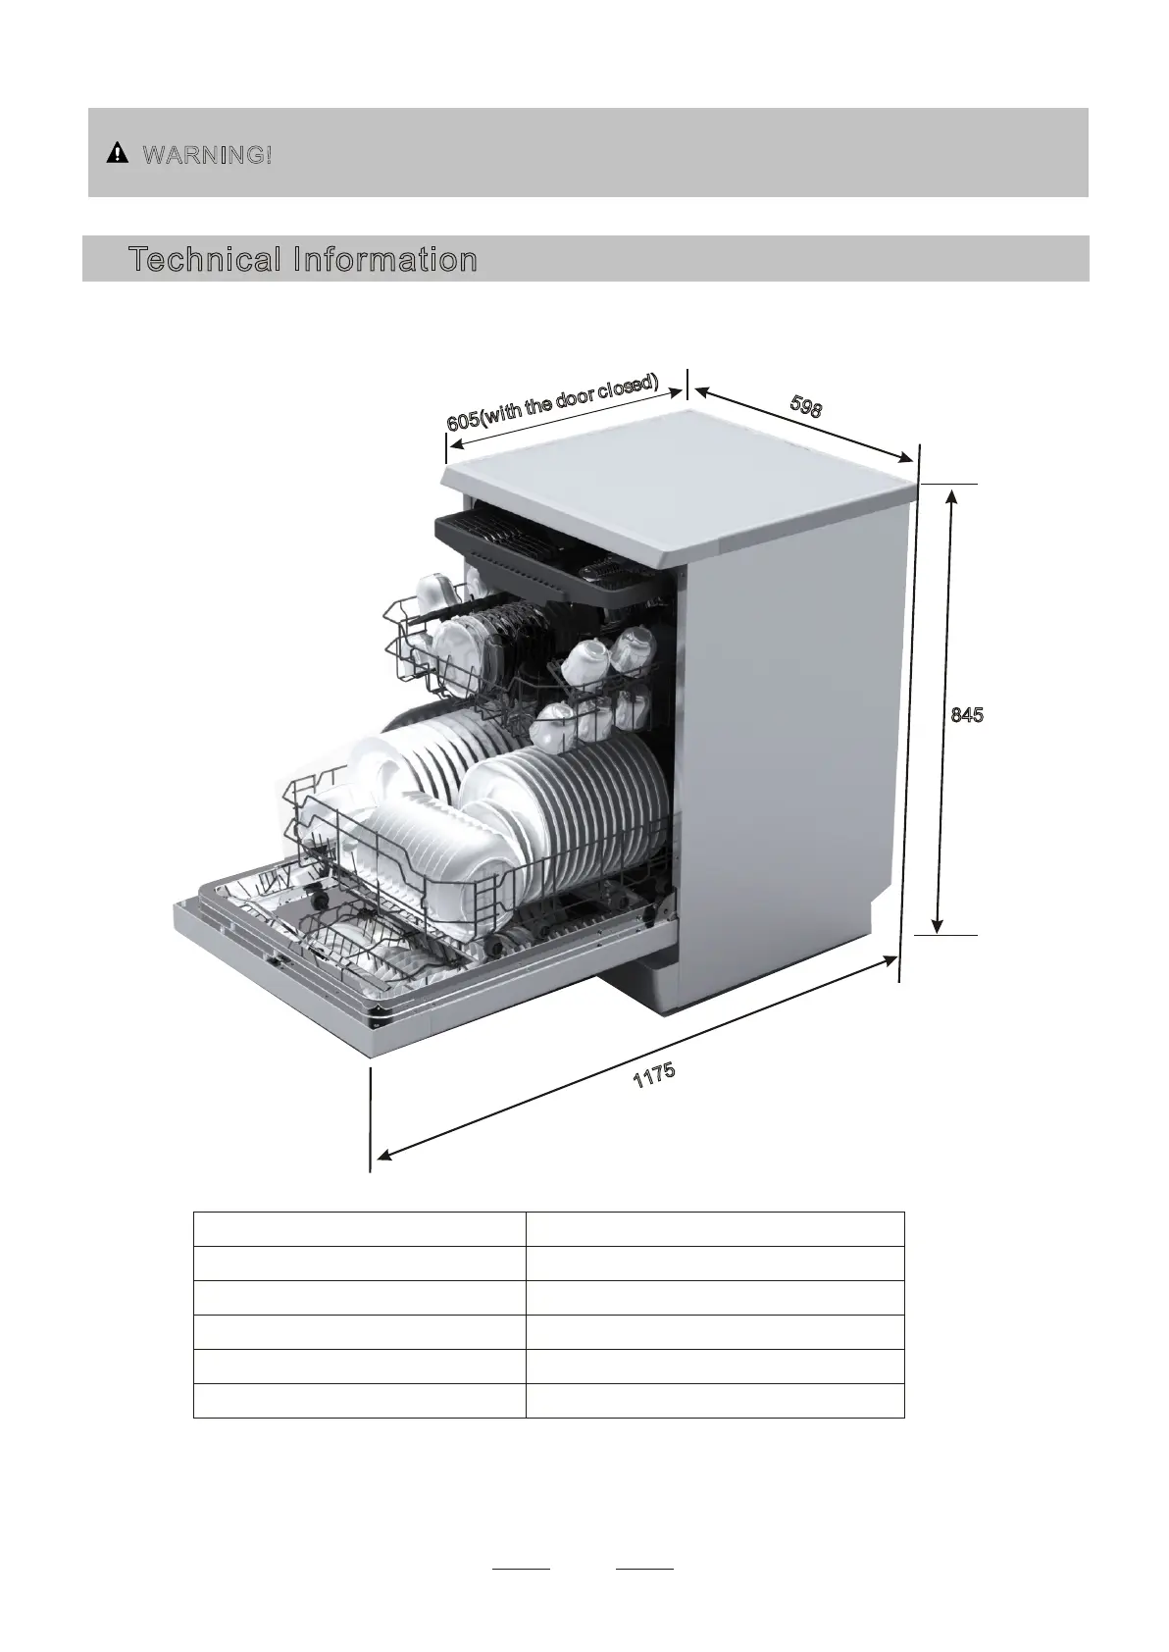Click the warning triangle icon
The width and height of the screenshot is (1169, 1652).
118,153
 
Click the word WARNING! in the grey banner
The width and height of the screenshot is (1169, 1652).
207,154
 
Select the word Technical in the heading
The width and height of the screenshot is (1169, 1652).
204,260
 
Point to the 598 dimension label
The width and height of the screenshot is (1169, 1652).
805,406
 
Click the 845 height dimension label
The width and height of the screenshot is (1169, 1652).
967,715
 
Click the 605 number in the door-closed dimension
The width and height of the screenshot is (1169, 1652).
463,421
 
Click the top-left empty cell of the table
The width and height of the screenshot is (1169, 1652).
359,1229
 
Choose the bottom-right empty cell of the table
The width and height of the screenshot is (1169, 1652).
714,1401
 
